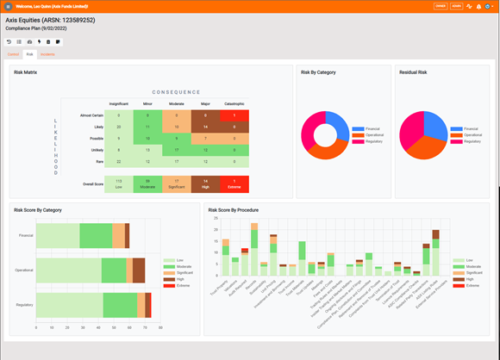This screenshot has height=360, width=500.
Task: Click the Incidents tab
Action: coord(47,53)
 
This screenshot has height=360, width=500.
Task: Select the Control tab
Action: coord(13,53)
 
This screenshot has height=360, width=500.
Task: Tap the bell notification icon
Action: coord(478,6)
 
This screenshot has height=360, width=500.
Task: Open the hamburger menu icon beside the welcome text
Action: coord(8,6)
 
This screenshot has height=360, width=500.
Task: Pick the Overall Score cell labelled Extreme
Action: coord(231,183)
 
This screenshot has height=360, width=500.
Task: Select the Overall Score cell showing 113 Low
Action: coord(118,183)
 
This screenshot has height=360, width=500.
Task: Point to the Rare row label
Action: coord(98,161)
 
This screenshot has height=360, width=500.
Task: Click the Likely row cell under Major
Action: coord(204,127)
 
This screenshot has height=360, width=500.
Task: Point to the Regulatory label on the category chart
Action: coord(24,304)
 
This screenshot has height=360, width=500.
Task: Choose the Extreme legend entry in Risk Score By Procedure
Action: coord(470,286)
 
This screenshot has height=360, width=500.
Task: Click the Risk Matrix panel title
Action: coord(25,72)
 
